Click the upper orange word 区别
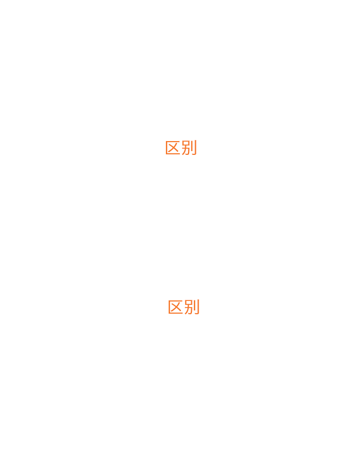181,148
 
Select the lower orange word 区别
184,307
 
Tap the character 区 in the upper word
173,148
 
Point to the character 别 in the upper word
189,148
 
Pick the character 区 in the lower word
176,307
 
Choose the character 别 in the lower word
192,307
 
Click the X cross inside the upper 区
174,148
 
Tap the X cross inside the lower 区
176,307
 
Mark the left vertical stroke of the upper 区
166,148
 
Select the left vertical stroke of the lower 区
169,307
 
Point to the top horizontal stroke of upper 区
173,141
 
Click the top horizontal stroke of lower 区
176,300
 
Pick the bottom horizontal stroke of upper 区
174,154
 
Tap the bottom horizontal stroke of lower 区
176,314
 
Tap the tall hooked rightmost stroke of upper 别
196,148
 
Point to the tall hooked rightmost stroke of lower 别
199,307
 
